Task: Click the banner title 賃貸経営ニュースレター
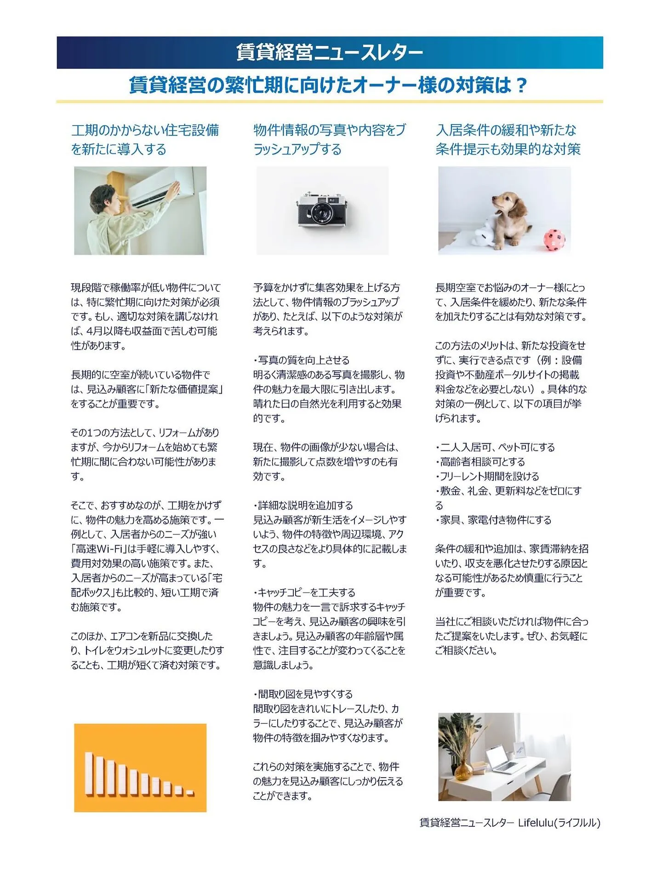tap(329, 52)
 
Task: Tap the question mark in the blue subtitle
tap(520, 85)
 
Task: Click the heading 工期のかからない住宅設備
tap(145, 131)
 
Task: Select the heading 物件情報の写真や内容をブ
tap(329, 131)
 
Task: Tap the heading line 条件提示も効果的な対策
tap(508, 149)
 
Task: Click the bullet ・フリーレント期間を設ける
tap(487, 476)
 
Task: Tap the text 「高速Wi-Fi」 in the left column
tap(98, 549)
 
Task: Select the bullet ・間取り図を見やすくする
tap(303, 694)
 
